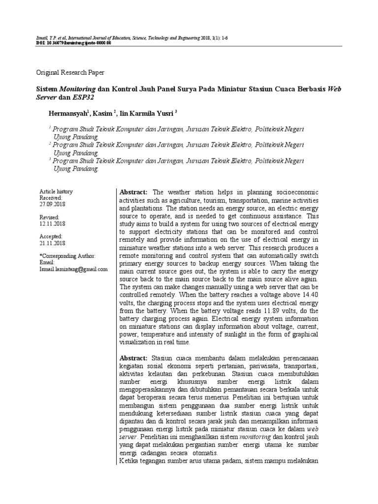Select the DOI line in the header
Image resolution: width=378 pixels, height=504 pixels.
click(x=74, y=43)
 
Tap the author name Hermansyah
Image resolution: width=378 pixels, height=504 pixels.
click(x=68, y=114)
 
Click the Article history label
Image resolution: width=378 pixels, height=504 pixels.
click(x=56, y=191)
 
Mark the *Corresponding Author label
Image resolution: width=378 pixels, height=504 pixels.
click(x=67, y=256)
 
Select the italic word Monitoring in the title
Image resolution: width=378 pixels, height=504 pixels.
click(x=78, y=90)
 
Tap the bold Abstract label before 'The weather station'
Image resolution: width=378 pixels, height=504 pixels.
click(x=133, y=192)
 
